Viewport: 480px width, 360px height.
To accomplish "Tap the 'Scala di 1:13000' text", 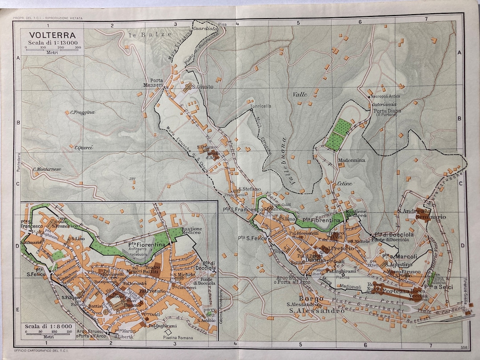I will tap(52, 42).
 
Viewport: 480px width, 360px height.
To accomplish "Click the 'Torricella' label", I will tap(261, 106).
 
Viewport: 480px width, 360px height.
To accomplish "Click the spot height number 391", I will tap(132, 179).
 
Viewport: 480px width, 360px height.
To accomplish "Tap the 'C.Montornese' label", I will tap(47, 169).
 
